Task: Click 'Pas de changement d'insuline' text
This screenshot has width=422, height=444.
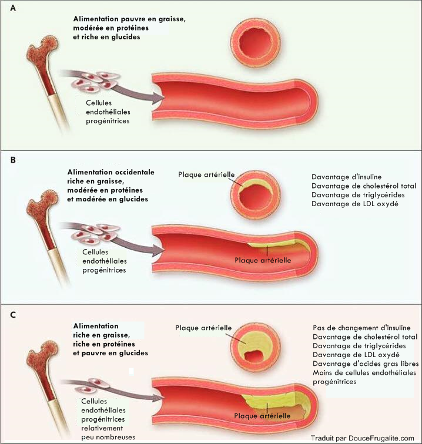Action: tap(361, 327)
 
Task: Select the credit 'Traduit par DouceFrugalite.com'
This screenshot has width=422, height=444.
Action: tap(363, 438)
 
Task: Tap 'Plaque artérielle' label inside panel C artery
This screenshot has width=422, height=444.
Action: tap(262, 415)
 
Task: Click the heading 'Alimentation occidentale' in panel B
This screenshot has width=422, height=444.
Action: tap(110, 172)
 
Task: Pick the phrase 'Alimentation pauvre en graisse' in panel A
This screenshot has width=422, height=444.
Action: tap(126, 19)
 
